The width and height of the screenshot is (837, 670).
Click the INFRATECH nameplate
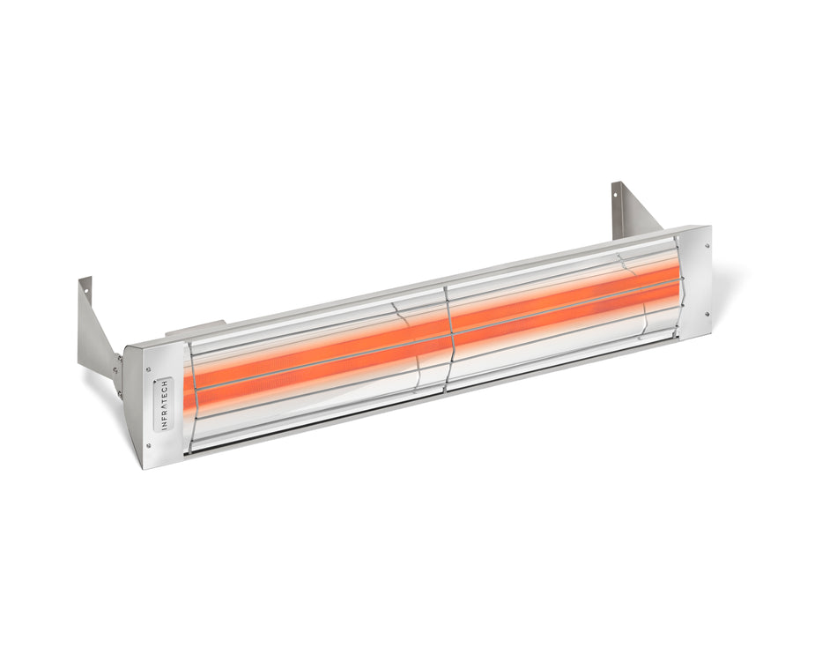162,406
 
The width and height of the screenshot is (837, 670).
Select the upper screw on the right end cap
705,242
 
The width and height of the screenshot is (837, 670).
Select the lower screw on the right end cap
705,313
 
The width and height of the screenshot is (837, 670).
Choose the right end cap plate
696,278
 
